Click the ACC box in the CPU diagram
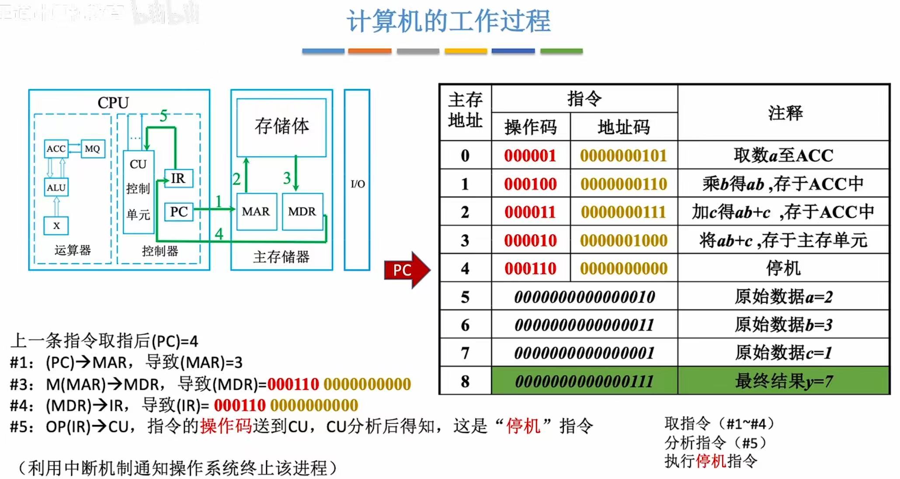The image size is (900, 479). tap(56, 149)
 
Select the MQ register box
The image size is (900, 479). tap(93, 149)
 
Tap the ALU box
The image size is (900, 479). tap(56, 187)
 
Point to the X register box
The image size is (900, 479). tap(56, 226)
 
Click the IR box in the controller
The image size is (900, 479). tap(178, 178)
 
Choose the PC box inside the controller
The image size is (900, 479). tap(178, 212)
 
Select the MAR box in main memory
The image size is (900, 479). tap(256, 212)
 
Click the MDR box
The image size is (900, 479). tap(302, 212)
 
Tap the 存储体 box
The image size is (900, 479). tap(281, 127)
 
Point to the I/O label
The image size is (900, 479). tap(358, 184)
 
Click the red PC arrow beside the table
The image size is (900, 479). tap(406, 270)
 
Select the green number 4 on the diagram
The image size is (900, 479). tap(219, 234)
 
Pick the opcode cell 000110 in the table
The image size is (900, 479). tap(530, 268)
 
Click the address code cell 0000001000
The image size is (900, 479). tap(624, 240)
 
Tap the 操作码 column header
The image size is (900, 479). tap(530, 127)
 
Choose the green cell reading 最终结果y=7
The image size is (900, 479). tap(783, 381)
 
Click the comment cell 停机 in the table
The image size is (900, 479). tap(783, 268)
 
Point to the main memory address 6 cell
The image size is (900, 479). tap(465, 325)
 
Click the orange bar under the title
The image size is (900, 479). tap(369, 51)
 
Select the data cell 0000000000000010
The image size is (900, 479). tap(584, 297)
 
